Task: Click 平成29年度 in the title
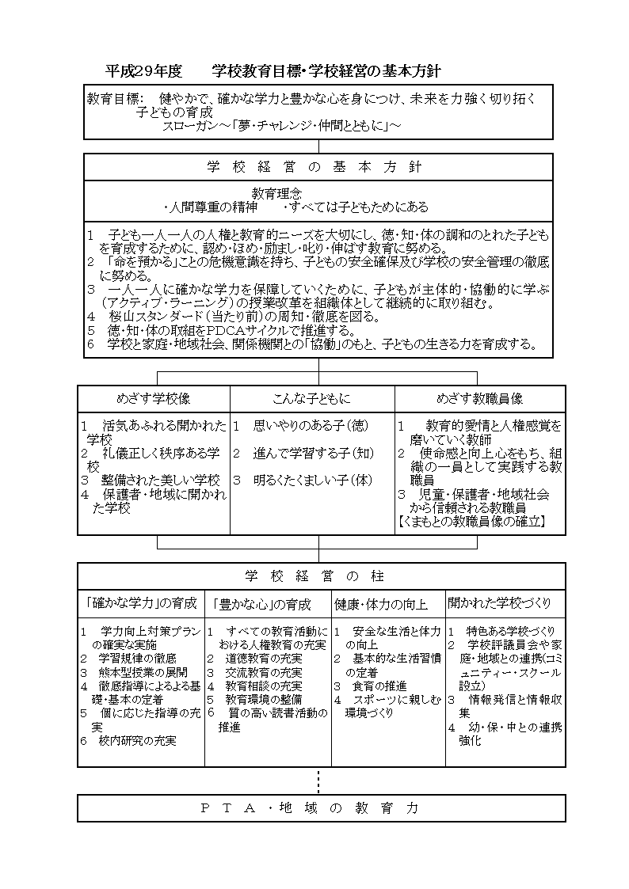(143, 71)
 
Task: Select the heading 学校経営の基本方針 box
(318, 167)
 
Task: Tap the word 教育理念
(276, 193)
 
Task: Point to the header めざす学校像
(154, 399)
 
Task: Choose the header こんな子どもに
(312, 399)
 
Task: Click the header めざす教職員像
(480, 399)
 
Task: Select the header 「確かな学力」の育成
(141, 604)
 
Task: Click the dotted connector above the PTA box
(318, 781)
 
